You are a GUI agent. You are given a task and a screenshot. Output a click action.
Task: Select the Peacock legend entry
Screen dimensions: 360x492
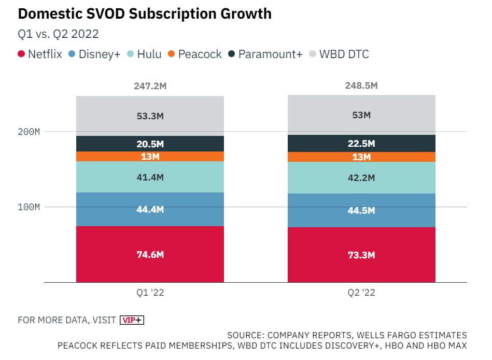click(195, 54)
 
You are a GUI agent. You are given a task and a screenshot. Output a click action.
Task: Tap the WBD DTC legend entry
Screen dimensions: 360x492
click(339, 54)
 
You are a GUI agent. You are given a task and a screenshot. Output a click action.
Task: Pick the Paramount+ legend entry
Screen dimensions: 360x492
click(265, 54)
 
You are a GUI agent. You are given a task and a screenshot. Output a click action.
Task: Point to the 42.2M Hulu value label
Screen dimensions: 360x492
click(361, 178)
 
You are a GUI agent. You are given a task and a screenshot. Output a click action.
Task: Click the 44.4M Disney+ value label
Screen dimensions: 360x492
click(150, 210)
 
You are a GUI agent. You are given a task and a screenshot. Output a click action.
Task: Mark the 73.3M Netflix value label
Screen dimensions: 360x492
click(361, 255)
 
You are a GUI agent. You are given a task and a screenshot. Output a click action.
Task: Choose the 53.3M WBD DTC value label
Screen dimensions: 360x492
click(150, 116)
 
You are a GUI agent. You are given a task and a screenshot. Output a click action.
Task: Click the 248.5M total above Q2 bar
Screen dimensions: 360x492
click(361, 86)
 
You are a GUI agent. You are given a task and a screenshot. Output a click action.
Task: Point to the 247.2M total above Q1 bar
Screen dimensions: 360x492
click(150, 86)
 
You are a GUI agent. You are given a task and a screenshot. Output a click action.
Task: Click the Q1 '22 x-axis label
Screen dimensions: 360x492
click(150, 293)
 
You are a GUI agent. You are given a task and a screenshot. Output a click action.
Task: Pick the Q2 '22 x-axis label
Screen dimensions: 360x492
click(361, 293)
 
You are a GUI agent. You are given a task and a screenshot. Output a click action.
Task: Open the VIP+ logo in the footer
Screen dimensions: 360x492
click(132, 320)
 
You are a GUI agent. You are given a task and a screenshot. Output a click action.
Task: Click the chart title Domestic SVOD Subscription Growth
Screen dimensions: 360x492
click(145, 13)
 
